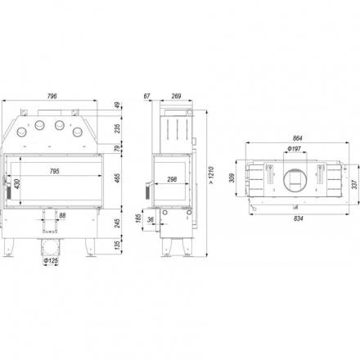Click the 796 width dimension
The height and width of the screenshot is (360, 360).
(x=52, y=96)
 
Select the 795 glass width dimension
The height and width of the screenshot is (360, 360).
(x=55, y=171)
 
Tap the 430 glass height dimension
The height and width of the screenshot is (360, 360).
(x=17, y=185)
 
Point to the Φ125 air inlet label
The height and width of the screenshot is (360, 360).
(x=51, y=261)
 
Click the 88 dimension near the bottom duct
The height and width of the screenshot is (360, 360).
(x=62, y=215)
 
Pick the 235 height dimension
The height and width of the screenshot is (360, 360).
(x=117, y=128)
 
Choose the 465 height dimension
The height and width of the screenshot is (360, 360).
(x=117, y=178)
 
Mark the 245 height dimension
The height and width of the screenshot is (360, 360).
(x=117, y=223)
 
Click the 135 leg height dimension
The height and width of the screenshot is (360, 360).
(x=117, y=245)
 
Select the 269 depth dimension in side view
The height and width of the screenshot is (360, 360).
(x=177, y=96)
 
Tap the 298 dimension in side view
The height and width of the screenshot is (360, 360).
(x=172, y=179)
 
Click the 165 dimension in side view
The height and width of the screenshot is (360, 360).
(x=138, y=218)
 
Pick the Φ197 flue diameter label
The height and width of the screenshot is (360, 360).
(x=294, y=149)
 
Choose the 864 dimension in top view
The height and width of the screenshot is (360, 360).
(x=297, y=138)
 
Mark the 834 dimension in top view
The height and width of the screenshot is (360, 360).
(x=299, y=218)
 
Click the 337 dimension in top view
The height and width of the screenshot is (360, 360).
(x=354, y=184)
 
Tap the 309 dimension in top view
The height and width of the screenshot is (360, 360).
(x=232, y=178)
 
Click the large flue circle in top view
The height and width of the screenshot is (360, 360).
(x=284, y=181)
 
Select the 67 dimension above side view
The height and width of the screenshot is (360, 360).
(x=147, y=96)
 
